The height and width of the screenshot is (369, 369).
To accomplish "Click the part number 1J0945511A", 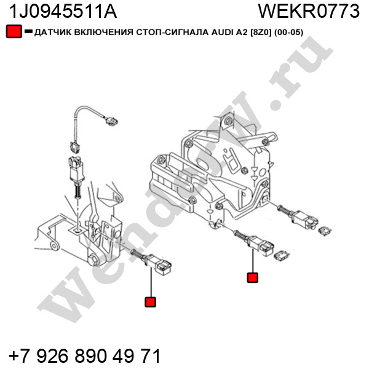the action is pos(63,12).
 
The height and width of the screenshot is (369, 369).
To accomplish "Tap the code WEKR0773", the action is pos(309,11).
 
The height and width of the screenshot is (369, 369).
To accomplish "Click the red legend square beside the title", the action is pos(14,31).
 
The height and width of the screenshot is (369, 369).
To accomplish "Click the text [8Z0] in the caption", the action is pos(261,32).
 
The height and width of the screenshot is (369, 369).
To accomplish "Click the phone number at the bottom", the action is pos(85,356).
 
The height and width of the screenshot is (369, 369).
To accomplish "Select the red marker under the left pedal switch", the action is pos(151,302).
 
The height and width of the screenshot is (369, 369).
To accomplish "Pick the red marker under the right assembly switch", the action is pos(253,278).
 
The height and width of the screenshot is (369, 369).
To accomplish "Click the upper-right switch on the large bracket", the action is pos(298,217).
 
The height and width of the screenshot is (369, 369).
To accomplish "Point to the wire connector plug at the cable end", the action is pos(111,121).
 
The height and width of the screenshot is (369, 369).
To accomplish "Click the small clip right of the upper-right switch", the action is pos(325,231).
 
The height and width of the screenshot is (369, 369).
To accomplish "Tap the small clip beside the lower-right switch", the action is pos(282,256).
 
